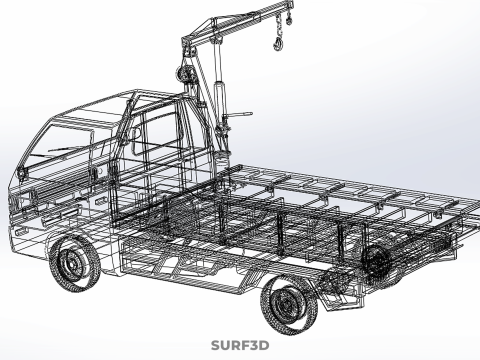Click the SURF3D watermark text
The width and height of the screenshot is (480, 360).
(240, 345)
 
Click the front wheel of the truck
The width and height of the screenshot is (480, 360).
(74, 264)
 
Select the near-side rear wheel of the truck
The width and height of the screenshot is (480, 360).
(289, 304)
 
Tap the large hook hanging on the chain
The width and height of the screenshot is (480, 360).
(278, 44)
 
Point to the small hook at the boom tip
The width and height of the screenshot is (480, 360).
(289, 19)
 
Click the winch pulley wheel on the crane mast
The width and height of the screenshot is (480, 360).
(183, 73)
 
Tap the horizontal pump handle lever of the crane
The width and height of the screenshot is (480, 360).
(238, 115)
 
